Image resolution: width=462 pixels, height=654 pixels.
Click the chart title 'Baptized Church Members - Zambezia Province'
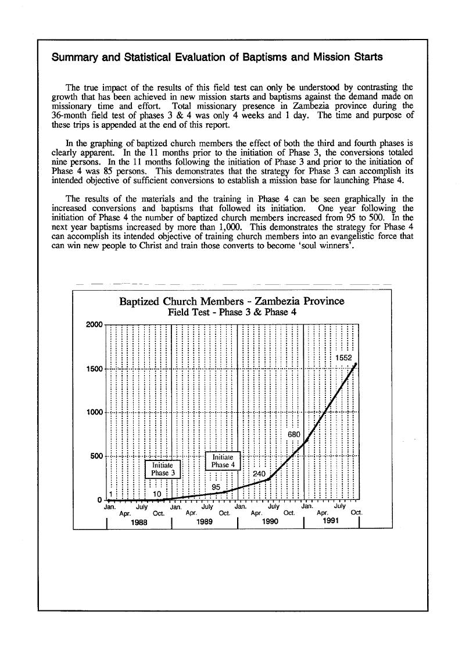231,301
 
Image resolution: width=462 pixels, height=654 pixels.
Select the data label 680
295,434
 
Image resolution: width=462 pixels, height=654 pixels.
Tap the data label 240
259,474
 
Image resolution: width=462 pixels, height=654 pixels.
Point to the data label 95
217,487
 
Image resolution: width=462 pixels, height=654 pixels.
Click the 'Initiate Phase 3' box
163,469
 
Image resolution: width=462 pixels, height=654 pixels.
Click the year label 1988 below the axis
138,523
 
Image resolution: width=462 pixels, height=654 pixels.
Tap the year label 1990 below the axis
270,523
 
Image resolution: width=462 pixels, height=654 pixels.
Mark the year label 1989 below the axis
203,523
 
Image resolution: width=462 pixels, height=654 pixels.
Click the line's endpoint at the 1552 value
356,364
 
